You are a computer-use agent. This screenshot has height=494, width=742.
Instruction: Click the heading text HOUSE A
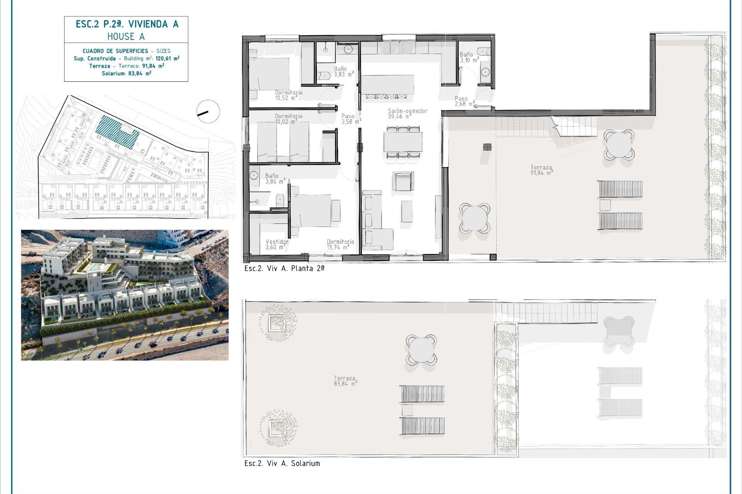[x=126, y=37]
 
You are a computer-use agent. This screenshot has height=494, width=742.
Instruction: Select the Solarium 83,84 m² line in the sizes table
[x=126, y=73]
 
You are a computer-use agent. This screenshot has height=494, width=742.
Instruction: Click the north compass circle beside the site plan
[x=208, y=112]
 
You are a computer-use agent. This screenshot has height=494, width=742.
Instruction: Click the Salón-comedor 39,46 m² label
[x=407, y=113]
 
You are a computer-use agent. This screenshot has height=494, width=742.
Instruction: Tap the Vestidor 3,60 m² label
[x=277, y=244]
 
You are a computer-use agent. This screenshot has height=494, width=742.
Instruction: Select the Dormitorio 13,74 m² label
[x=340, y=244]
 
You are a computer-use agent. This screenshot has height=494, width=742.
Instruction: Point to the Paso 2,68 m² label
[x=464, y=101]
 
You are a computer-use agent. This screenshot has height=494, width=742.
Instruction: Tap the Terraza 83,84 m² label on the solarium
[x=345, y=381]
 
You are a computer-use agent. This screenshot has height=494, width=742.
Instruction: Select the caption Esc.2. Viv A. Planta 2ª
[x=284, y=268]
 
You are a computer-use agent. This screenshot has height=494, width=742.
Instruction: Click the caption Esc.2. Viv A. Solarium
[x=282, y=463]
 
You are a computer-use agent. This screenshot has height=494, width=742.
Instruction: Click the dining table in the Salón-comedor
[x=403, y=142]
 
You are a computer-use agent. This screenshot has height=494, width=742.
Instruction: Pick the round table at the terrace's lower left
[x=475, y=218]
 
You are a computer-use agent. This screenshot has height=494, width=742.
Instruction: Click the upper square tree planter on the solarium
[x=277, y=323]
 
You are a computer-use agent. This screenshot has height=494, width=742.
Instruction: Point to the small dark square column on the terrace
[x=487, y=147]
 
